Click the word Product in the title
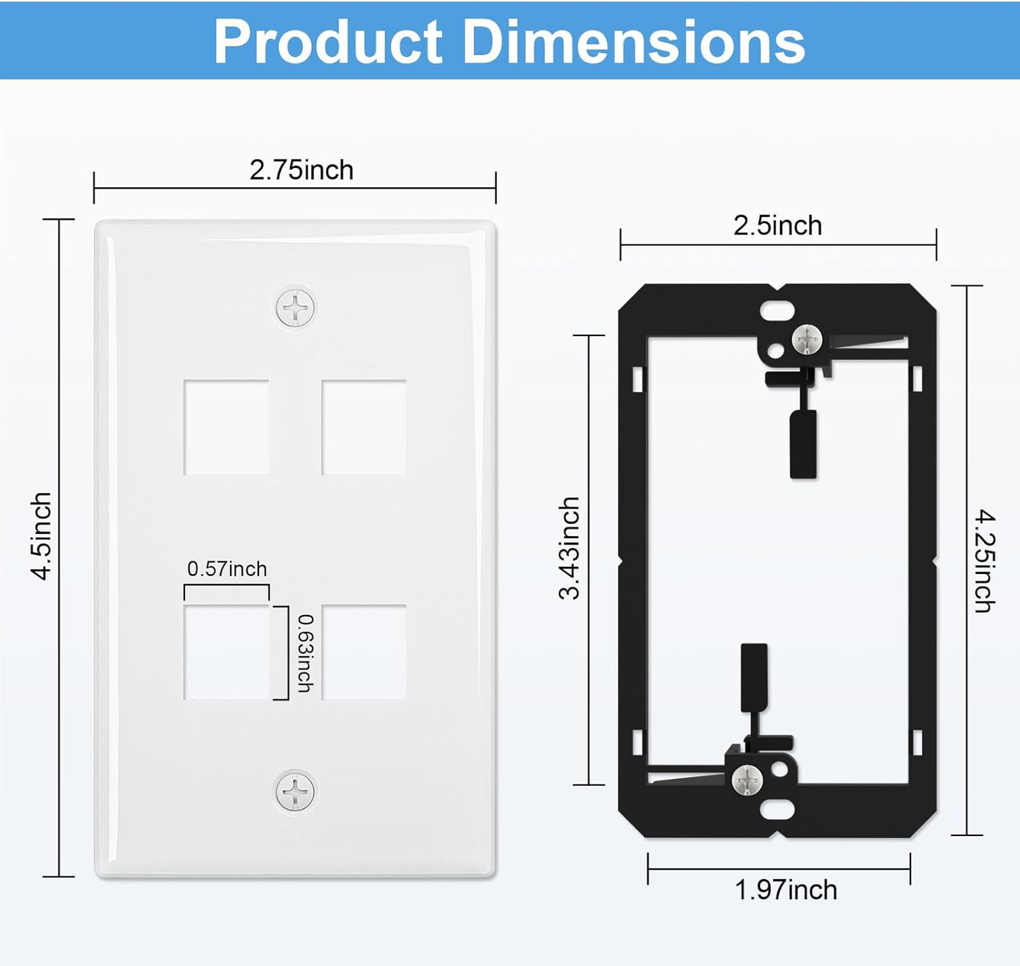point(328,42)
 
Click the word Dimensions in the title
point(633,42)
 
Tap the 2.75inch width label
point(301,170)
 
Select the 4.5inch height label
point(42,536)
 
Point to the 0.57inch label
point(227,568)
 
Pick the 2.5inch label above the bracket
point(777,226)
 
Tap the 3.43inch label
point(569,548)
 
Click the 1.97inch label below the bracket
point(786,890)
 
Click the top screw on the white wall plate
point(295,308)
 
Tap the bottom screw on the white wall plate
point(295,792)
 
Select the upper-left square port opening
point(226,427)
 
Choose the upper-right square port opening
point(364,427)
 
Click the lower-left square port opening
point(226,652)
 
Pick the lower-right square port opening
point(364,652)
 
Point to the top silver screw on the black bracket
point(807,340)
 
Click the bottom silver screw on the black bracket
point(747,780)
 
